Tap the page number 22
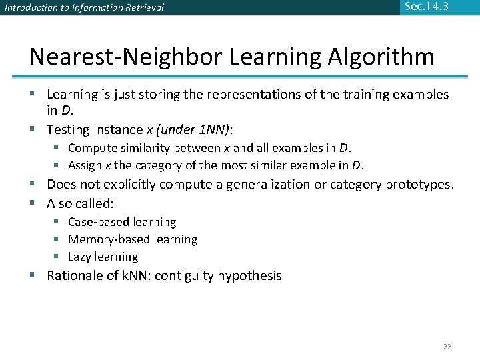447,347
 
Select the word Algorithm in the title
381,56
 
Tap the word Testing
70,129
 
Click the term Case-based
99,222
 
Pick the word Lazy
80,257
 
